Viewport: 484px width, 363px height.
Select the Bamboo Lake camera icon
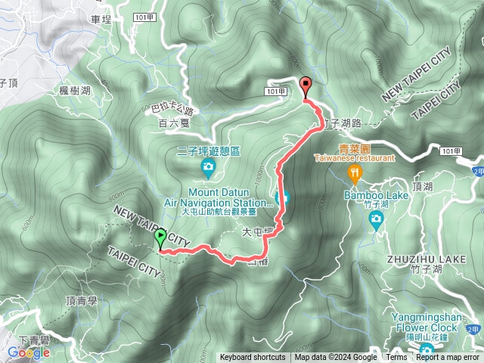tap(376, 219)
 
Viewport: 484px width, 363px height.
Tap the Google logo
tap(29, 352)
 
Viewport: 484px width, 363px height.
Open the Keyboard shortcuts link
tap(253, 358)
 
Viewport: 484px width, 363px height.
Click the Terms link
tap(396, 358)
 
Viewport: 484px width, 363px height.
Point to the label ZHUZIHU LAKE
tap(414, 259)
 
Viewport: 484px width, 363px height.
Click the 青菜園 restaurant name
tap(349, 149)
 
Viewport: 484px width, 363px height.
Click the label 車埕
tap(100, 20)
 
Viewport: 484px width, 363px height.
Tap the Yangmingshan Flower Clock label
tap(425, 323)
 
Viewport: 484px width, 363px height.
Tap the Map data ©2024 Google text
tap(336, 358)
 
